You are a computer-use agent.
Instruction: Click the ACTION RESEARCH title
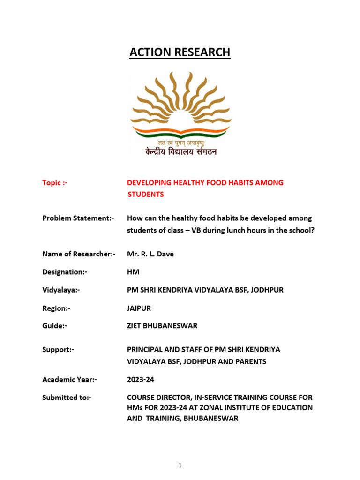pyautogui.click(x=180, y=52)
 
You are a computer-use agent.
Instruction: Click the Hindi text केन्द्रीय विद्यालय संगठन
pyautogui.click(x=180, y=151)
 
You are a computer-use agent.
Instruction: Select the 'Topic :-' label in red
pyautogui.click(x=55, y=182)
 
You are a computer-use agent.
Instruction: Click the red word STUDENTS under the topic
pyautogui.click(x=146, y=194)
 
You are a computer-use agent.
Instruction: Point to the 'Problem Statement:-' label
pyautogui.click(x=78, y=218)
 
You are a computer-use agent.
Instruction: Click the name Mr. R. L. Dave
pyautogui.click(x=151, y=254)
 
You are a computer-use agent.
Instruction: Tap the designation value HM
pyautogui.click(x=133, y=272)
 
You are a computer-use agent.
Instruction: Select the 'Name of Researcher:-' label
pyautogui.click(x=79, y=254)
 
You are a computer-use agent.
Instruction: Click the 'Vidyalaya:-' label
pyautogui.click(x=61, y=290)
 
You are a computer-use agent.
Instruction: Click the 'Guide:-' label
pyautogui.click(x=55, y=326)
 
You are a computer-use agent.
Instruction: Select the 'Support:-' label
pyautogui.click(x=58, y=349)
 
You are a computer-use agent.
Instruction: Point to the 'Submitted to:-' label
pyautogui.click(x=67, y=397)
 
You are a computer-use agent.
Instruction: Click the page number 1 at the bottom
pyautogui.click(x=180, y=452)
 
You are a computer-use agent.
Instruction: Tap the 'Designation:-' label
pyautogui.click(x=65, y=272)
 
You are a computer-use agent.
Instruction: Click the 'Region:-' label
pyautogui.click(x=57, y=308)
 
